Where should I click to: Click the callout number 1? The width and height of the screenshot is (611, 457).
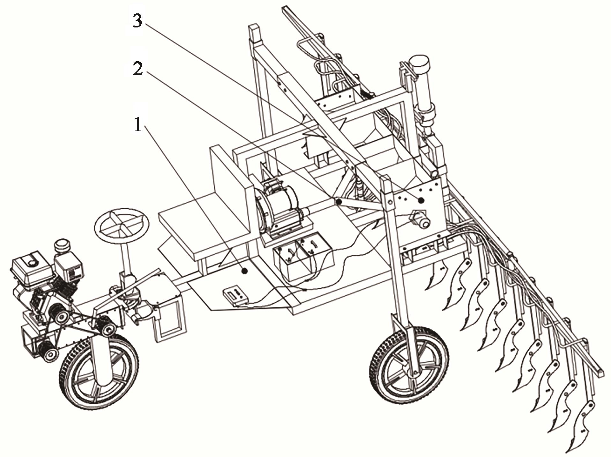(138, 125)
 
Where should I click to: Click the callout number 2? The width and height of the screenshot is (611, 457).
(138, 68)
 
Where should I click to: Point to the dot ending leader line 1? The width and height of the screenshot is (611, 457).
(245, 271)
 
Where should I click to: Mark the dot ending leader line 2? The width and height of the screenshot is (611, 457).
(338, 201)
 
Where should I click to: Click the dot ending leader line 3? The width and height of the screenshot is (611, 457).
(421, 200)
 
